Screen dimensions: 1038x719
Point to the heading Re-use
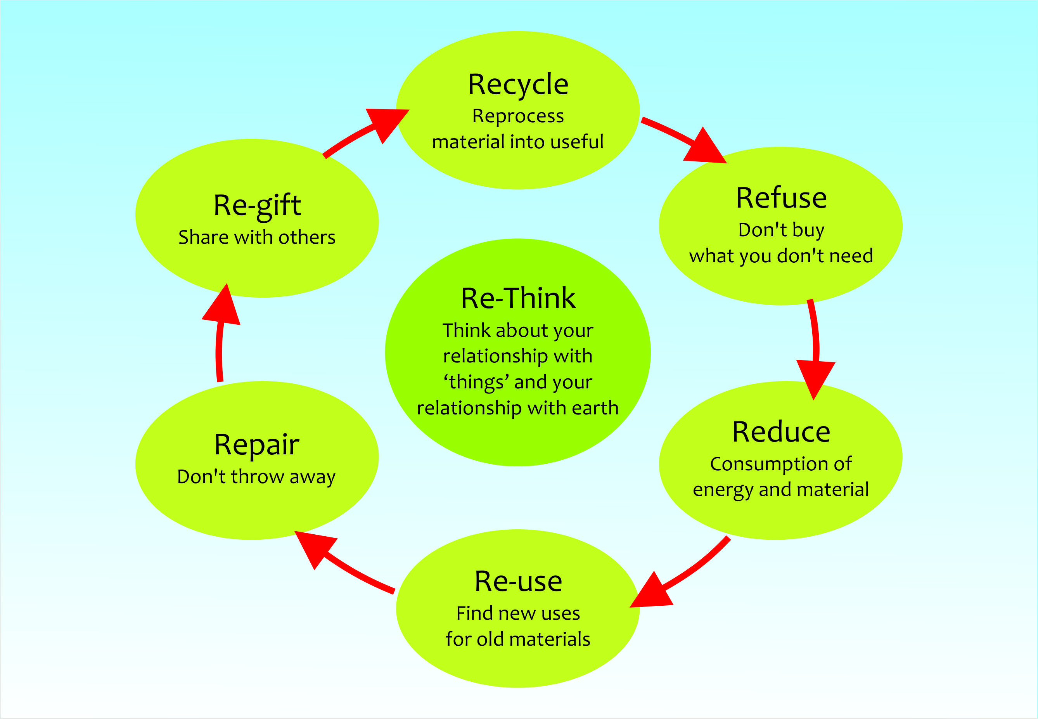[x=518, y=581]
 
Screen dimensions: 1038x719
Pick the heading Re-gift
[x=257, y=206]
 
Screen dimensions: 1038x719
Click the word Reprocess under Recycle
[x=518, y=116]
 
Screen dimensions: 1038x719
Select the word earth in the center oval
[x=595, y=408]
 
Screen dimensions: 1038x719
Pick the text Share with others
[x=257, y=237]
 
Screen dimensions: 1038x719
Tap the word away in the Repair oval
[x=313, y=478]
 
